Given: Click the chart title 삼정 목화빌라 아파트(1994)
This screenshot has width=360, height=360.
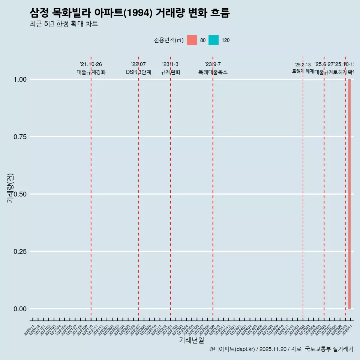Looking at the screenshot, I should (129, 13).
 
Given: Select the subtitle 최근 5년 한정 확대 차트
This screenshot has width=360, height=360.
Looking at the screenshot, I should (64, 24).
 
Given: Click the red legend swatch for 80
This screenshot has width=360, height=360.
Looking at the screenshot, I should (192, 40).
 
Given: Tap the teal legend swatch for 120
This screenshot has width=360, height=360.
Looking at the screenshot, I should (213, 40).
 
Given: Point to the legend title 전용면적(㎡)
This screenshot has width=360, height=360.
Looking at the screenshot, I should (168, 40).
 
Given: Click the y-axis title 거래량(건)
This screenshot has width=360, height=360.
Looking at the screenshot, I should (10, 188).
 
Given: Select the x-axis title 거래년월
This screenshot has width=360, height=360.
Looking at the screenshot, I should (191, 340).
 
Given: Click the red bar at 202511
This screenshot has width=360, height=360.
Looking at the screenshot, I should (349, 194).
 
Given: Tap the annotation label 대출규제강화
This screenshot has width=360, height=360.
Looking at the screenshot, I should (91, 72).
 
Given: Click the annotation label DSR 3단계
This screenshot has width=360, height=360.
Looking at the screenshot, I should (138, 72).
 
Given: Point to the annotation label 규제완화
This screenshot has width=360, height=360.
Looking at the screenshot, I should (171, 72).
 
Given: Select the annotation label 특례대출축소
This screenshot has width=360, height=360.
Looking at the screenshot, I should (213, 72).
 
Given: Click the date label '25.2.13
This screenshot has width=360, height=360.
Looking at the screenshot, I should (303, 65).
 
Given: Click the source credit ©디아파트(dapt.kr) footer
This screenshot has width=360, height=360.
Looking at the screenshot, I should (281, 349).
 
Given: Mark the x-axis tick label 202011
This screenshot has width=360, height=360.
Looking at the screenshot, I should (30, 330).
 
